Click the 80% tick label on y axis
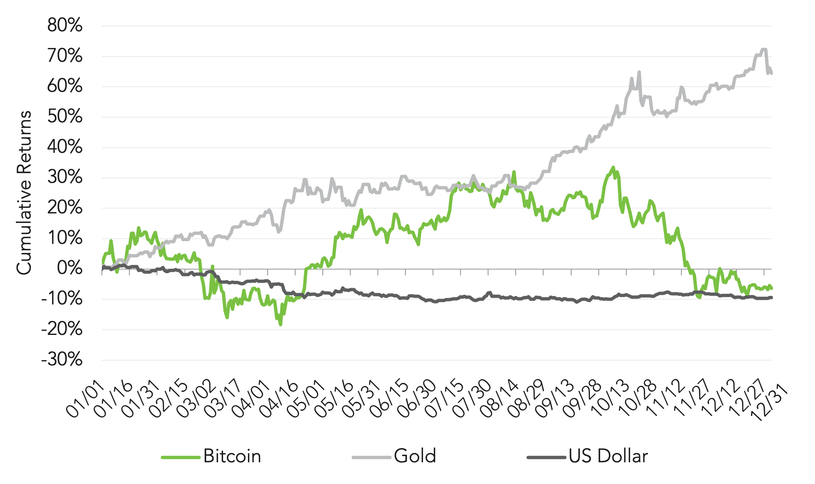click(x=65, y=26)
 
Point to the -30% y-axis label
click(x=62, y=360)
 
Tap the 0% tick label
click(x=69, y=269)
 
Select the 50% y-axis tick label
click(x=65, y=117)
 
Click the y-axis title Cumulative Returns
click(x=24, y=193)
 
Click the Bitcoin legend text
click(x=232, y=456)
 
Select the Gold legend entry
click(x=415, y=456)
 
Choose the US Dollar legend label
click(x=608, y=456)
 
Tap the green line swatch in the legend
click(x=181, y=457)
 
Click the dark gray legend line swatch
click(x=547, y=457)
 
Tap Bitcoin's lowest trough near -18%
click(x=281, y=324)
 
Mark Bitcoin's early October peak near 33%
click(x=613, y=167)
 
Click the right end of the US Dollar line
click(x=771, y=297)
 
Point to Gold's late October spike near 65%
click(x=639, y=72)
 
